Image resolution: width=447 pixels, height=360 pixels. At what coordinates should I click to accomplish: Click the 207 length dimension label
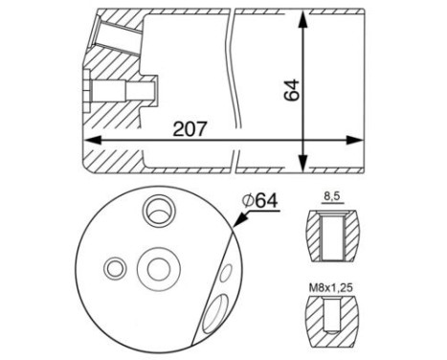[x=190, y=129]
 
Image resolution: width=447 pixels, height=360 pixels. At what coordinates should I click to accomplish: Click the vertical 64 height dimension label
[x=292, y=90]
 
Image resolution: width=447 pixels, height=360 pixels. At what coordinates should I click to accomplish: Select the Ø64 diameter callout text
[x=260, y=201]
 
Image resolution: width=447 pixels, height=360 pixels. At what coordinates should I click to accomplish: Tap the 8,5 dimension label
[x=332, y=197]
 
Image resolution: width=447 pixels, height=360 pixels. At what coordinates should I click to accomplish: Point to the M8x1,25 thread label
[x=331, y=288]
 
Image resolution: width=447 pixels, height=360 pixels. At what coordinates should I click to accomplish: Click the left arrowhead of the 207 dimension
[x=92, y=140]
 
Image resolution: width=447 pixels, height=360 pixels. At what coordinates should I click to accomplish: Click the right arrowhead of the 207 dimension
[x=354, y=140]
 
